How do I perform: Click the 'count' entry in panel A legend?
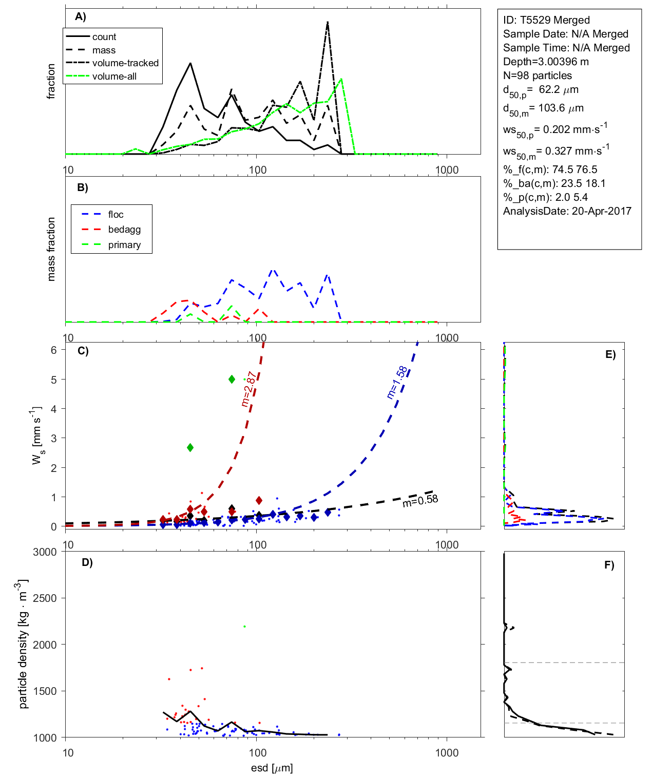[104, 37]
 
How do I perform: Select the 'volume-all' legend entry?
[114, 77]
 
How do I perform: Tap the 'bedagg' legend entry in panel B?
[124, 230]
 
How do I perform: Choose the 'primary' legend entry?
[124, 245]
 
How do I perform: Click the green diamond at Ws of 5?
[232, 379]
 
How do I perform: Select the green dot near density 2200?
[244, 627]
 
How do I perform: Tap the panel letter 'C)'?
[83, 351]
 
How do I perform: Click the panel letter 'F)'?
[609, 565]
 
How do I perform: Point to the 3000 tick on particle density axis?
[45, 552]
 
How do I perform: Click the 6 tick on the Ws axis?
[53, 350]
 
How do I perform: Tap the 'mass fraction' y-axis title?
[51, 249]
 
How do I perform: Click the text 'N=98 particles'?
[537, 75]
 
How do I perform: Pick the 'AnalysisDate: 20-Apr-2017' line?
[567, 211]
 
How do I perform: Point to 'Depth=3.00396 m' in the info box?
[546, 62]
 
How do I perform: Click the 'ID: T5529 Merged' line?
[546, 20]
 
